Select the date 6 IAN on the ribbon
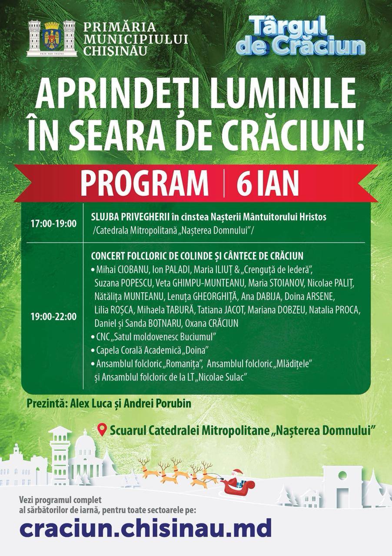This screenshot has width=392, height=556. click(268, 183)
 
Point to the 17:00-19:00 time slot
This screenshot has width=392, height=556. click(53, 224)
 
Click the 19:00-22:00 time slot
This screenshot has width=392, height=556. click(53, 317)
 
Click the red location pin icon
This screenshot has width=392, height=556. click(102, 430)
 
